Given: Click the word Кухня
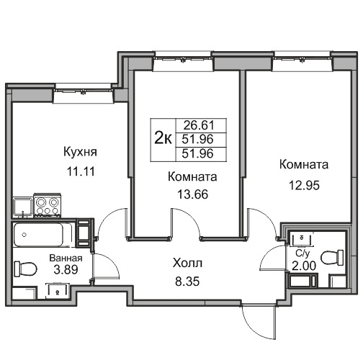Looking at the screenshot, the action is point(80,152).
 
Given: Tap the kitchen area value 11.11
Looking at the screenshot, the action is point(81,171).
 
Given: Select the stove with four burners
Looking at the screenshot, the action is point(47,206).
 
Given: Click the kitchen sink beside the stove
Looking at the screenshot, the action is point(23,207).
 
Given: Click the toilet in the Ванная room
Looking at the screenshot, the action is point(25,269).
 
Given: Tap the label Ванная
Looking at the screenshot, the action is point(66,258).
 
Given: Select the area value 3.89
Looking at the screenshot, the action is point(66,269).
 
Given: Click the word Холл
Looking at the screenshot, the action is point(187,264).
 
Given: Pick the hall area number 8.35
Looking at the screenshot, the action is point(187,282).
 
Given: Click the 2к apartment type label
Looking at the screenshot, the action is point(163,139).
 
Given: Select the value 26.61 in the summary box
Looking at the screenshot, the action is point(199,125).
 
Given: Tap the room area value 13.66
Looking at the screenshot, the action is point(192,194).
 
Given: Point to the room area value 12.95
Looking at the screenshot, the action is point(304,185).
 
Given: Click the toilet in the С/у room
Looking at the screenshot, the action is point(333,258).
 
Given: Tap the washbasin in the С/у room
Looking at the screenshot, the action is point(301,239).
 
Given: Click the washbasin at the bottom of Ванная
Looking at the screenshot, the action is point(58,291).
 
